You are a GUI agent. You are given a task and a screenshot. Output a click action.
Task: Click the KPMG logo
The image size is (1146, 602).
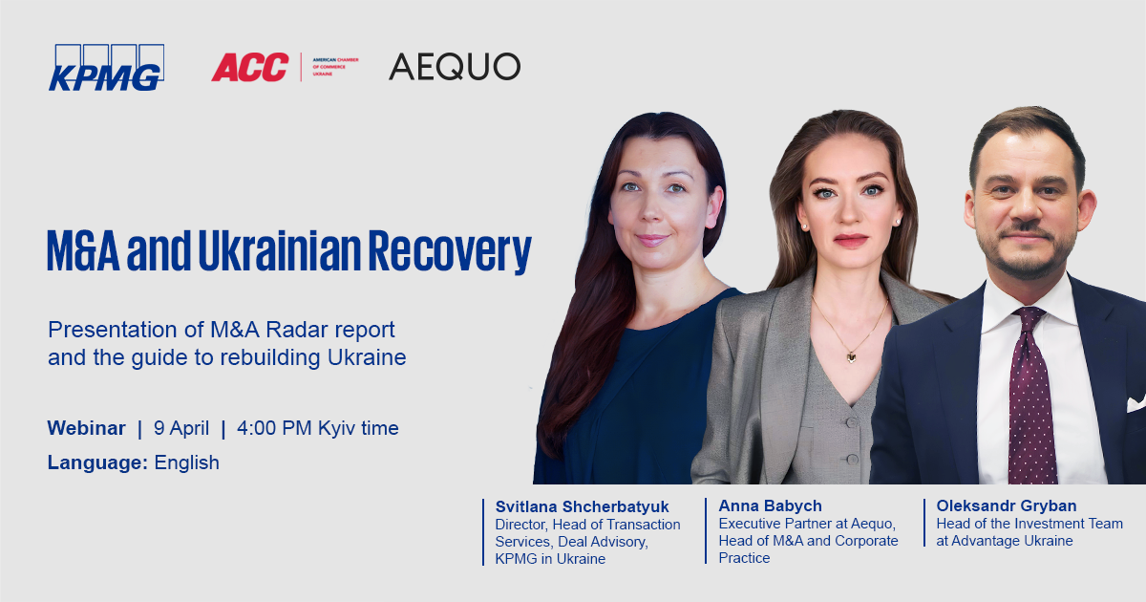coord(106,68)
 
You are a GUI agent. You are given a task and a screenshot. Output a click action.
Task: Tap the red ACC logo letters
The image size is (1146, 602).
coord(250,67)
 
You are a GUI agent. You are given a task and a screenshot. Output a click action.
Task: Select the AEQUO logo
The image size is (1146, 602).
coord(455,67)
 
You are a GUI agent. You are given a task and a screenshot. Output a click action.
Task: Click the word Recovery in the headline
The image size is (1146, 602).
coord(450,251)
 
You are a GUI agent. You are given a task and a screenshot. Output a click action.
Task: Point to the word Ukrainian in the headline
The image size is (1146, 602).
coord(280,250)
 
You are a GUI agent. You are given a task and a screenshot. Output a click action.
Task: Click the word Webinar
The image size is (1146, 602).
coord(87,428)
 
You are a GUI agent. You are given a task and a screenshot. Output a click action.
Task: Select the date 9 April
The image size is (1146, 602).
coord(181,428)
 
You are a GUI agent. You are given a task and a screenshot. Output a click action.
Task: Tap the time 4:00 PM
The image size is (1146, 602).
coord(274,428)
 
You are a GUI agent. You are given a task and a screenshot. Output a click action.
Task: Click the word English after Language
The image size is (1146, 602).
coord(187,462)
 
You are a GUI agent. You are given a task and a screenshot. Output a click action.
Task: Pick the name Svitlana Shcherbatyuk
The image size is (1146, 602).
coord(582,506)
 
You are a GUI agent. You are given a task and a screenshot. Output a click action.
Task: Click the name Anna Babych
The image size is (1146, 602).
coord(770,505)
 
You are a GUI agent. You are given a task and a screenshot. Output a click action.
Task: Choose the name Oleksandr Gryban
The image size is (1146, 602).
coord(1007,505)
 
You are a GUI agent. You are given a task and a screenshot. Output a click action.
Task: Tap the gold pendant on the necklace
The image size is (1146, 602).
coord(851,356)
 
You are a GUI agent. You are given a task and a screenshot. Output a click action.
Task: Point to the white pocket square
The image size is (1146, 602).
coord(1135,403)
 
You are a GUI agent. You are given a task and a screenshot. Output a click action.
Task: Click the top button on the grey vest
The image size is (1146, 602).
coord(851,422)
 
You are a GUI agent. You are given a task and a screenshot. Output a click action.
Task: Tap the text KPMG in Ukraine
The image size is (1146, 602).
coord(550,558)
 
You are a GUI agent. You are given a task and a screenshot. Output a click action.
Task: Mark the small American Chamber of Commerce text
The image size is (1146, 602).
coord(335,67)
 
